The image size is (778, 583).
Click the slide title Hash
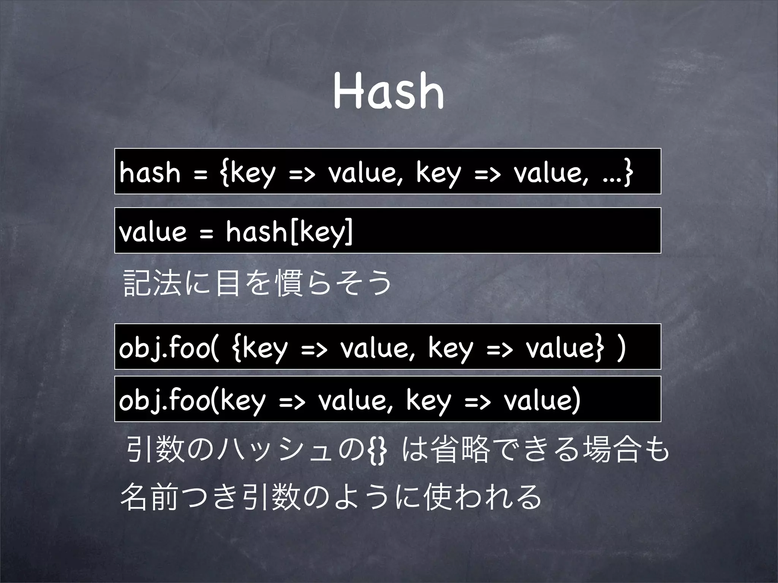(x=389, y=92)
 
